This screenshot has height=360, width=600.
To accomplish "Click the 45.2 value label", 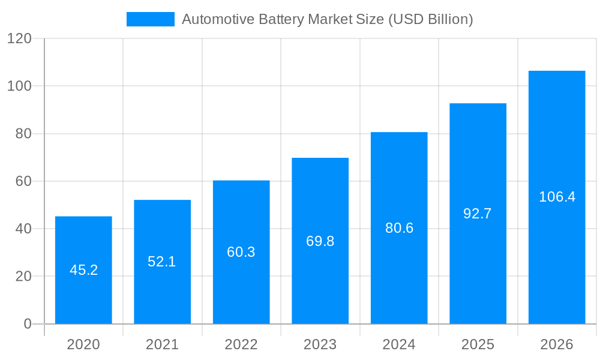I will pyautogui.click(x=83, y=270).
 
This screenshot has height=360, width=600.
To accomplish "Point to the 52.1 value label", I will pyautogui.click(x=162, y=262).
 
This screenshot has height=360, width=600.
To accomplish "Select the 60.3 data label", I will pyautogui.click(x=241, y=252).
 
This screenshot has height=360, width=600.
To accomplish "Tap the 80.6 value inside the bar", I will pyautogui.click(x=399, y=228).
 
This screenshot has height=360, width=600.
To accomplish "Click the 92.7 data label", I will pyautogui.click(x=478, y=214).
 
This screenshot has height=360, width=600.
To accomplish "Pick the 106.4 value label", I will pyautogui.click(x=557, y=197).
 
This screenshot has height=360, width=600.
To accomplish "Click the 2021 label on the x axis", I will pyautogui.click(x=162, y=344).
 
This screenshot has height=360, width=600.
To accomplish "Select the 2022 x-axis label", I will pyautogui.click(x=241, y=344).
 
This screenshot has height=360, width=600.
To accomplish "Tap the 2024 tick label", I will pyautogui.click(x=399, y=344).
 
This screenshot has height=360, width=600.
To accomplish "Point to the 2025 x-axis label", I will pyautogui.click(x=478, y=344).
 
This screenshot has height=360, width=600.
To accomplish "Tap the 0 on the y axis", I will pyautogui.click(x=28, y=324).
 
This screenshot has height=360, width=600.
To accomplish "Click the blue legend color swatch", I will pyautogui.click(x=150, y=19).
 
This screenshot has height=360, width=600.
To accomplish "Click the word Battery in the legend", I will pyautogui.click(x=281, y=19).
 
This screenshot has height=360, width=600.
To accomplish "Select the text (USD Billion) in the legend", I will pyautogui.click(x=431, y=19).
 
